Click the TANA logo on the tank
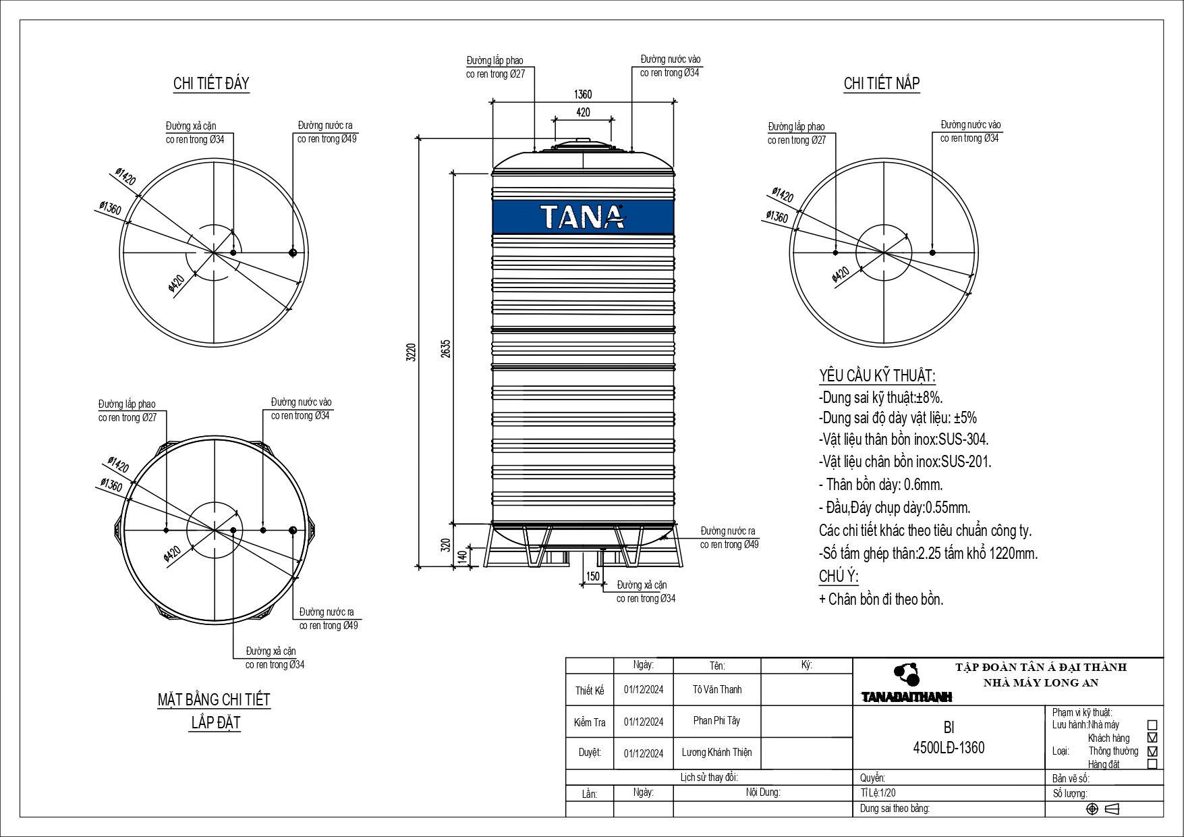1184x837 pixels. tap(583, 217)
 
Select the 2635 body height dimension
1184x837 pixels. tap(446, 348)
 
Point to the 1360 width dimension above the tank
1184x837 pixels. tap(583, 94)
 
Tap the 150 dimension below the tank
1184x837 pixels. tap(592, 576)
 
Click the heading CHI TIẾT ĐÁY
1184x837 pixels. tap(211, 84)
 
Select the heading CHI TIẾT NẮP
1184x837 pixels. tap(882, 84)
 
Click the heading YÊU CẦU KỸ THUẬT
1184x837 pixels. tap(877, 376)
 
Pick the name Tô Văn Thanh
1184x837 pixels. tap(717, 689)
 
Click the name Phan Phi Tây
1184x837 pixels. tap(716, 720)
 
